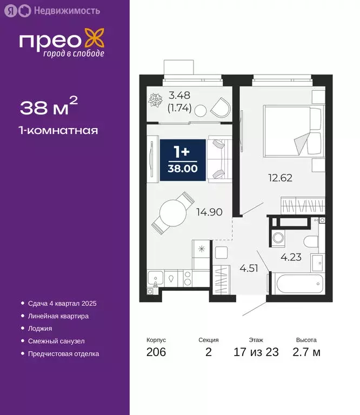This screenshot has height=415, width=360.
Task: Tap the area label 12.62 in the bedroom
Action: tap(281, 177)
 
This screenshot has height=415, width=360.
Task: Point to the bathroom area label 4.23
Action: tap(290, 257)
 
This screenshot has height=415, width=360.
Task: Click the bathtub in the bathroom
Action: tap(298, 284)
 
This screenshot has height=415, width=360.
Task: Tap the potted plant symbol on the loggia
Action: tap(157, 100)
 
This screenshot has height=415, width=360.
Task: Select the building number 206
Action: tap(156, 353)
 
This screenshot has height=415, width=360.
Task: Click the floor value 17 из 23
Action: tap(256, 353)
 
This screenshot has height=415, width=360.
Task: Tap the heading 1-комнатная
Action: tap(59, 130)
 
